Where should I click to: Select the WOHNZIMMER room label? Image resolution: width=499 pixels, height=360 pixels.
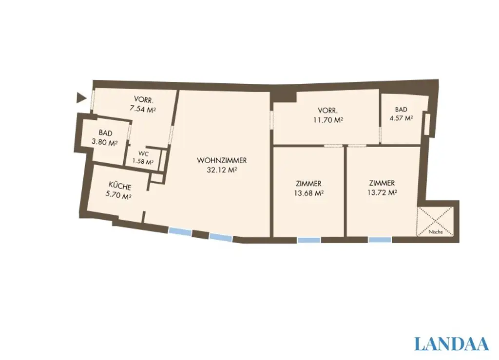(222, 160)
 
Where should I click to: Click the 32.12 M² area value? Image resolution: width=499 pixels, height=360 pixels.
(222, 170)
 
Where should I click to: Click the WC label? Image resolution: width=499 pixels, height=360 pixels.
(143, 153)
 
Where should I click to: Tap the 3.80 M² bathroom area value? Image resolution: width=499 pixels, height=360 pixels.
(105, 143)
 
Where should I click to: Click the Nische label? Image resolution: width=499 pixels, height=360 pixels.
(436, 232)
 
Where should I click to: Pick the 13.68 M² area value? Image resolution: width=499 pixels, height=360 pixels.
(308, 193)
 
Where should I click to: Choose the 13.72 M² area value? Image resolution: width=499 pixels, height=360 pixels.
(382, 192)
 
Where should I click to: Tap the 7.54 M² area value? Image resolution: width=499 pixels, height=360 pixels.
(143, 110)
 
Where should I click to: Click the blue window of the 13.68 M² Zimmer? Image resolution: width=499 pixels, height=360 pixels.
(309, 240)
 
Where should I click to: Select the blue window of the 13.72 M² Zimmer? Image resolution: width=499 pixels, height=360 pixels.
(380, 240)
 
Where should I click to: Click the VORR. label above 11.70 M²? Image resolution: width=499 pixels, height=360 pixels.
(327, 110)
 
